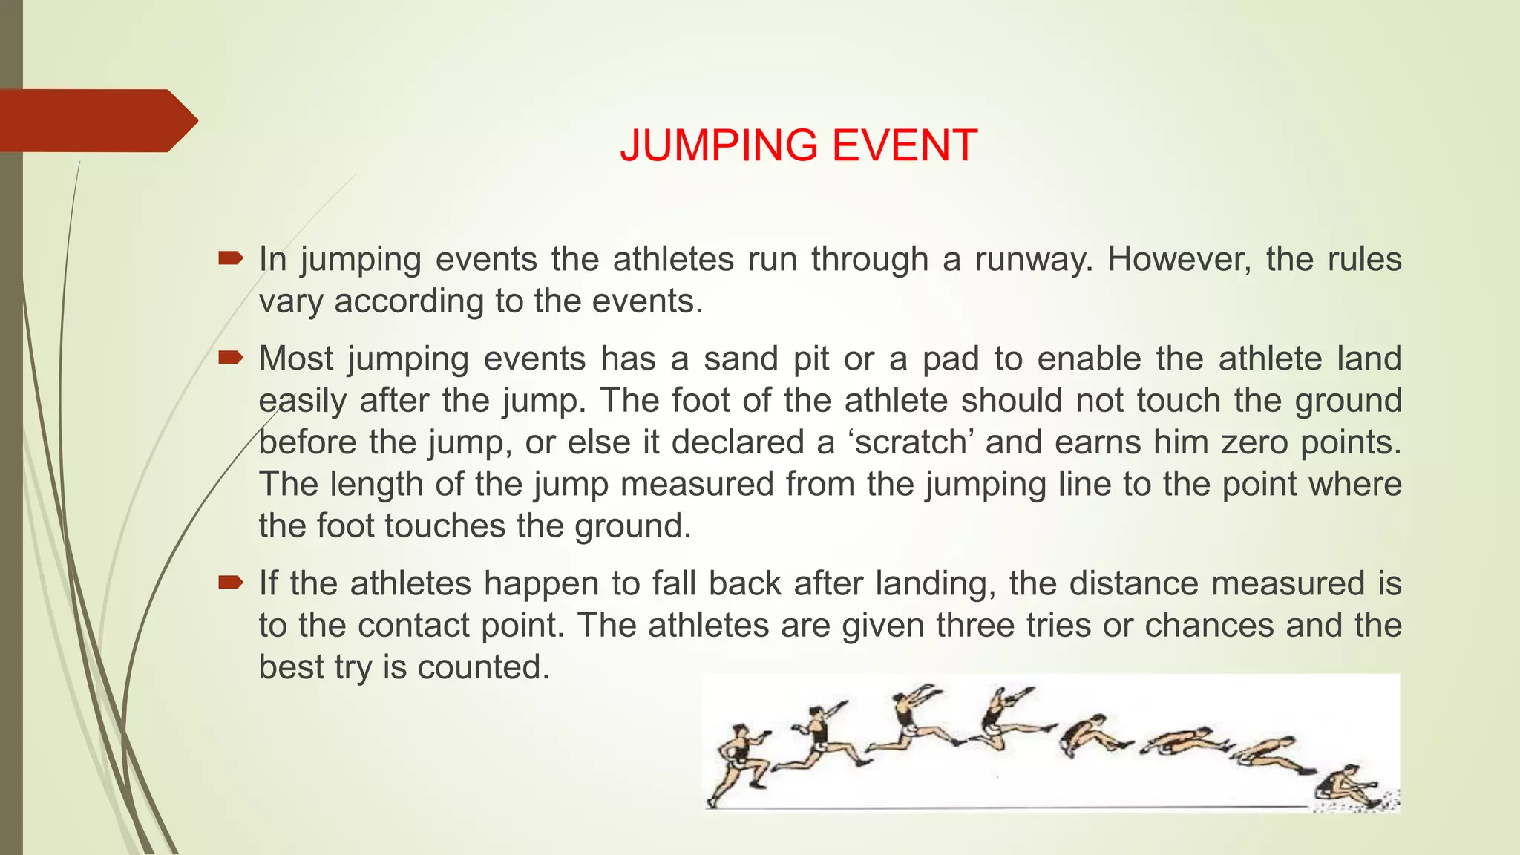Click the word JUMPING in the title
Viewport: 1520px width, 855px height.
click(x=720, y=145)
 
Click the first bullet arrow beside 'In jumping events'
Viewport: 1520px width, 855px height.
click(x=231, y=258)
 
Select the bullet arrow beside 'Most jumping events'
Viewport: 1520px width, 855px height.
click(x=231, y=358)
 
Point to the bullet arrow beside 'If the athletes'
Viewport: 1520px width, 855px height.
click(x=231, y=583)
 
